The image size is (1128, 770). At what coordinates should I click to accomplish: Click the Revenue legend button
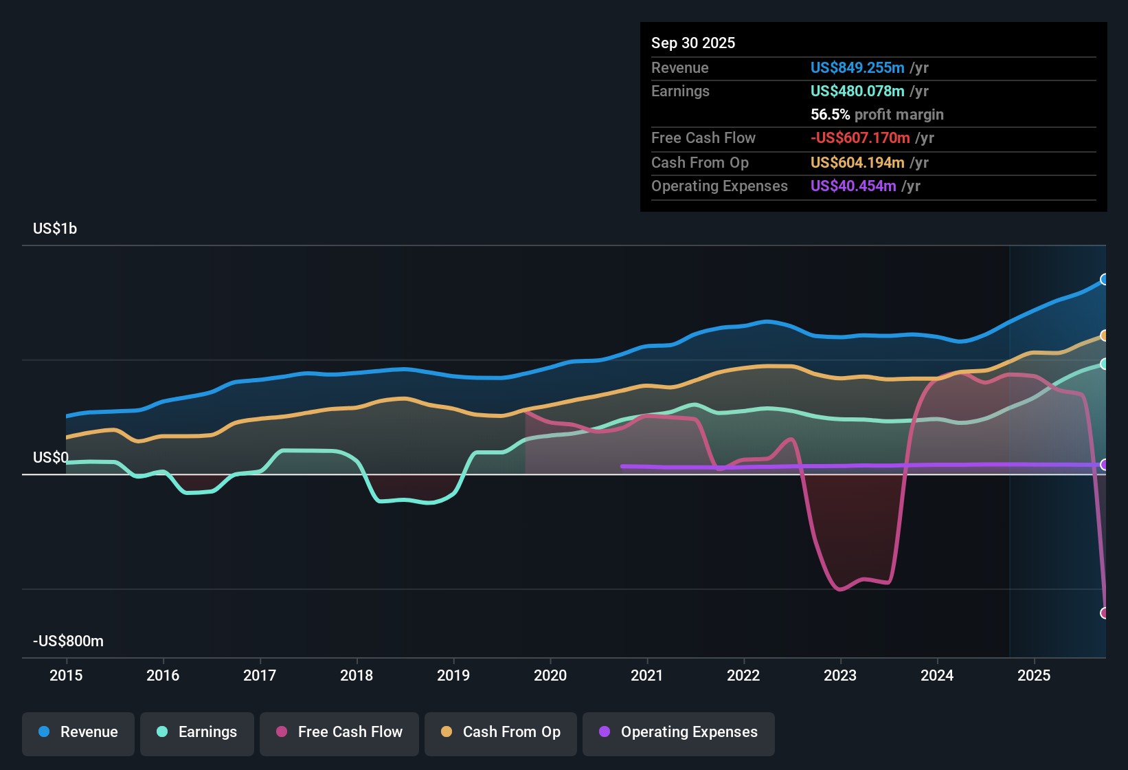pos(78,733)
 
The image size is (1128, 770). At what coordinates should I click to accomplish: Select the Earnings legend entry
pos(196,733)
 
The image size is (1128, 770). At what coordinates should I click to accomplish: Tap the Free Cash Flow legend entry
pos(339,733)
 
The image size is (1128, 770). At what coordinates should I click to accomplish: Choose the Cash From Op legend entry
pos(500,733)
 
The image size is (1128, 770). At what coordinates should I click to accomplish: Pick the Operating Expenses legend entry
pos(678,733)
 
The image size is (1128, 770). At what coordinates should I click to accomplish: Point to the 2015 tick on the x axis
pos(66,675)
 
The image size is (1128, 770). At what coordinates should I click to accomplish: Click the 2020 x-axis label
pos(550,675)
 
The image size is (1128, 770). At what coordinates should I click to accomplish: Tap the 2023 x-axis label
pos(840,675)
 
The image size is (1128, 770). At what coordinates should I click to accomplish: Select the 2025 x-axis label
pos(1034,675)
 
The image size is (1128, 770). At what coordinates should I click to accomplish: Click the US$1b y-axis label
pos(55,229)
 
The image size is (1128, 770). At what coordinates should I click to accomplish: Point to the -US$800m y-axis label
pos(68,641)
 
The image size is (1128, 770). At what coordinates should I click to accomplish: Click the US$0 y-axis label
pos(51,458)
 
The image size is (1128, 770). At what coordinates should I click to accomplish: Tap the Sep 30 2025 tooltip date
pos(693,43)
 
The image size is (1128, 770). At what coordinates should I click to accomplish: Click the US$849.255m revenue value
pos(857,68)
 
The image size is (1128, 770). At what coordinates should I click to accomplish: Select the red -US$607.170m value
pos(860,138)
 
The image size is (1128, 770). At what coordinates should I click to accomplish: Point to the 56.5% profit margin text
pos(877,115)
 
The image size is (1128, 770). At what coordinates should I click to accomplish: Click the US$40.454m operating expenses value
pos(853,186)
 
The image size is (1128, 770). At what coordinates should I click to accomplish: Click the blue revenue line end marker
pos(1105,279)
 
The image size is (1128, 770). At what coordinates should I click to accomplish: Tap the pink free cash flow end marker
pos(1105,613)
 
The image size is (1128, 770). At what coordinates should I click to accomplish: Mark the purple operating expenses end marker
pos(1105,465)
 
